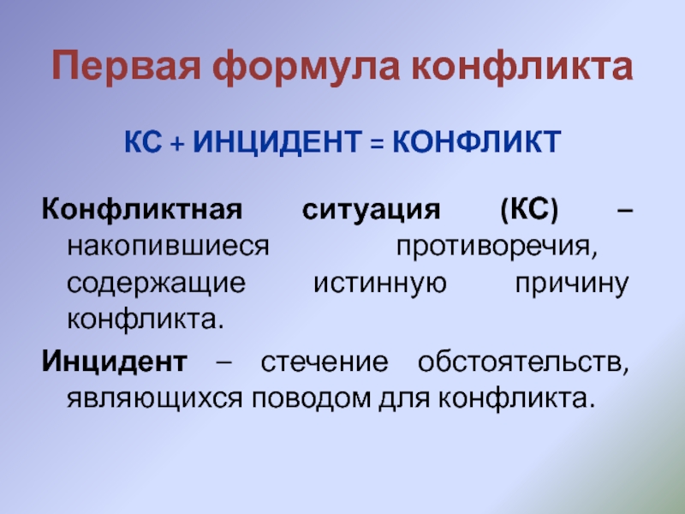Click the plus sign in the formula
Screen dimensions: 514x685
[176, 140]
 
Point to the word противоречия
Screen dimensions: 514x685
[494, 247]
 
